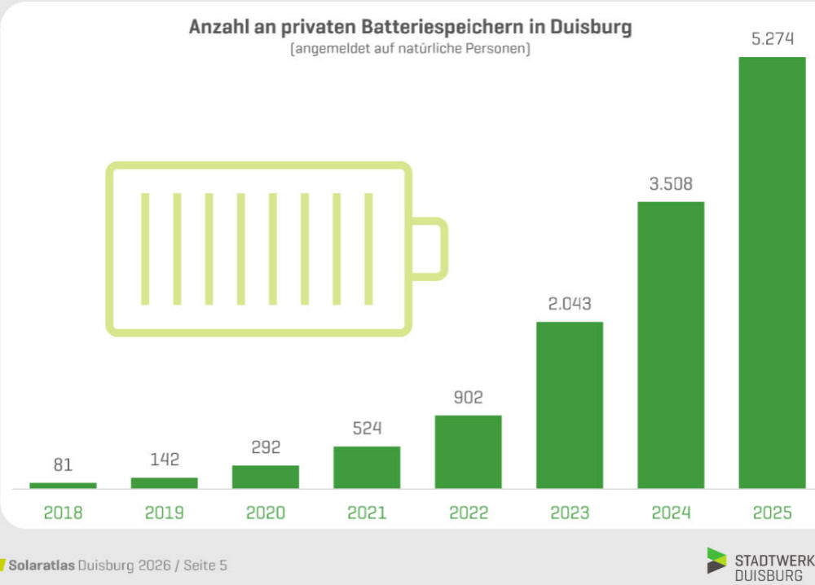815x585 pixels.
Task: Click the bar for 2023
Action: tap(569, 405)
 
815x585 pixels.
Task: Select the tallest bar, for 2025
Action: tap(772, 273)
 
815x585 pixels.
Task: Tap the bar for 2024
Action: tap(670, 345)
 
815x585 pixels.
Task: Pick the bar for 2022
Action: tap(468, 451)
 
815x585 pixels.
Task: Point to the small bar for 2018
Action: tap(63, 486)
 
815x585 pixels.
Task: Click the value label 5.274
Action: tap(772, 39)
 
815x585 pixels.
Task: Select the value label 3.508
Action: tap(670, 184)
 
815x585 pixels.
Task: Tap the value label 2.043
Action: tap(569, 304)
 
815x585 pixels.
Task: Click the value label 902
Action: tap(468, 398)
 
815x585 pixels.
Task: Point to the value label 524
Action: tap(367, 429)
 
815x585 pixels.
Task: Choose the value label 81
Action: tap(63, 465)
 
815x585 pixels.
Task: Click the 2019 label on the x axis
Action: tap(164, 512)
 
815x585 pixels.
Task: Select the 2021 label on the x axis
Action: tap(367, 512)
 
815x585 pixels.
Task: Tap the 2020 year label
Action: tap(266, 512)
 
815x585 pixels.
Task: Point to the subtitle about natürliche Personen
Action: tap(410, 50)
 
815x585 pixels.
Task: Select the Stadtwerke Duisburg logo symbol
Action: tap(716, 561)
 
